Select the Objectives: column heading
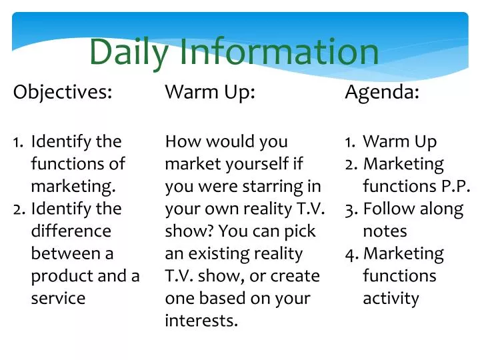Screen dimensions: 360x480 63,93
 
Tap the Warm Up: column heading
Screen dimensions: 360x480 210,93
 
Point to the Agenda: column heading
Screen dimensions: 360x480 382,93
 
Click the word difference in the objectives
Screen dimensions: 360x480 71,231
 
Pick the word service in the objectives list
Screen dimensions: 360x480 58,298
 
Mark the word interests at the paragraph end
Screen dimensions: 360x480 201,321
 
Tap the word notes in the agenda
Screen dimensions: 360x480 385,231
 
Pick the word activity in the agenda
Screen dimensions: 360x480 391,298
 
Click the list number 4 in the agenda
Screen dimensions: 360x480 351,253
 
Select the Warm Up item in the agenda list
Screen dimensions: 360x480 400,141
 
